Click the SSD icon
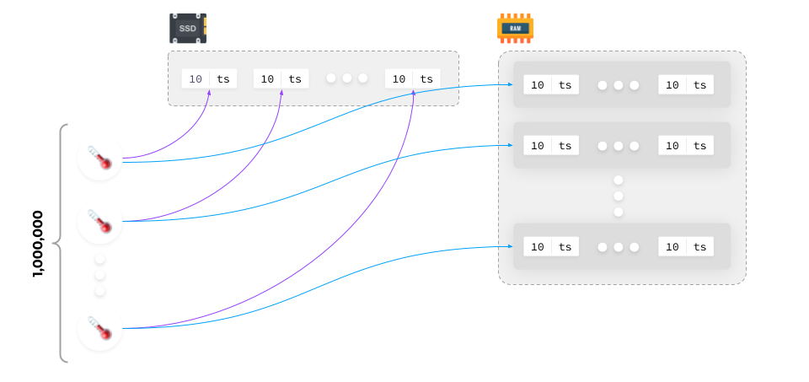[x=187, y=28]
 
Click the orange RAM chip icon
[x=515, y=28]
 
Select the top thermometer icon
[x=99, y=158]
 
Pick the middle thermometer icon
[x=99, y=221]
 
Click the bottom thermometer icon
[x=99, y=329]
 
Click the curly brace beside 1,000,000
[x=61, y=244]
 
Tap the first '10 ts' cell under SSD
[x=209, y=78]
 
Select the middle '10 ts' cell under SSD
[x=281, y=78]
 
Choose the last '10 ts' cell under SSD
[x=413, y=78]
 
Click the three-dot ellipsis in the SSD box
[x=346, y=78]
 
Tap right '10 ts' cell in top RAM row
[x=686, y=85]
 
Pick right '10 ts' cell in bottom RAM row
[x=686, y=246]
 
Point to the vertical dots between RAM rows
[x=619, y=196]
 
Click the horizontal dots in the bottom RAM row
[x=619, y=246]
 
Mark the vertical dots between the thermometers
[x=99, y=275]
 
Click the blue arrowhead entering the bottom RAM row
[x=510, y=246]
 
